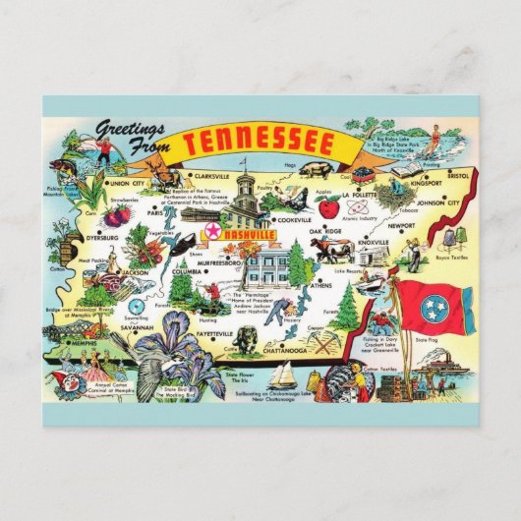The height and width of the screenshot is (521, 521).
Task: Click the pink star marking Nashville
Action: pyautogui.click(x=211, y=231)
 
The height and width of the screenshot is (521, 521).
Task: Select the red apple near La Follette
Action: pyautogui.click(x=328, y=206)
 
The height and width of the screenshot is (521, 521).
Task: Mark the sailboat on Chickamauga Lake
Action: pyautogui.click(x=283, y=375)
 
